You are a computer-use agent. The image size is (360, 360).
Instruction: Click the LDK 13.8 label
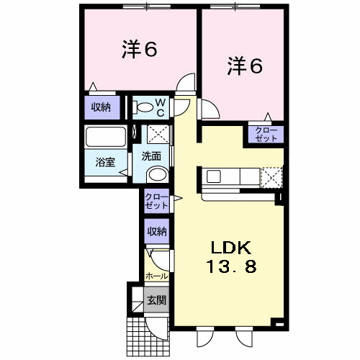point(231,257)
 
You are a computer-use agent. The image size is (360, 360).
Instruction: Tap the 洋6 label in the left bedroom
point(140,49)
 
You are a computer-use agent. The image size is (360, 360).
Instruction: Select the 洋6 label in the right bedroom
point(245,66)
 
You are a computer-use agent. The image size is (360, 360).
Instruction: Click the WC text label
point(161,107)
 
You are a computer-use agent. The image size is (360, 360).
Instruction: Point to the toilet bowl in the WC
point(143,107)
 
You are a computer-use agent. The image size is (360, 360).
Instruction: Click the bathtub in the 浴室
point(106,137)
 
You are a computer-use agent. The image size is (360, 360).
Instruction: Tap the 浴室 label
point(105,163)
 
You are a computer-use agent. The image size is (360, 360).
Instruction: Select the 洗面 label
point(151,156)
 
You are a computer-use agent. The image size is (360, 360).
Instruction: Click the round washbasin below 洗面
point(157,174)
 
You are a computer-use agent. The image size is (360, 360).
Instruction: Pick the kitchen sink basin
point(213,176)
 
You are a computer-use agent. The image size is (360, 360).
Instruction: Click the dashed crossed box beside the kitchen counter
point(271,178)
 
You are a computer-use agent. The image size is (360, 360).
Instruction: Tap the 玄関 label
point(156,300)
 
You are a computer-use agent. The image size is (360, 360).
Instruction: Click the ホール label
point(156,276)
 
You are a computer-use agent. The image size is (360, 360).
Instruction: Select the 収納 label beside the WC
point(101,107)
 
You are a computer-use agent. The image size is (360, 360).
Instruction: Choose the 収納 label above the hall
point(157,231)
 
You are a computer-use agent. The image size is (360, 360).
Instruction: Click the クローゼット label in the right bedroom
point(266,135)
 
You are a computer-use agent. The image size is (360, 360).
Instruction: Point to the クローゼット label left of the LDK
point(156,201)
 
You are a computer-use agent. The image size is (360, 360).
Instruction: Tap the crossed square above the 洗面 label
point(158,135)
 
